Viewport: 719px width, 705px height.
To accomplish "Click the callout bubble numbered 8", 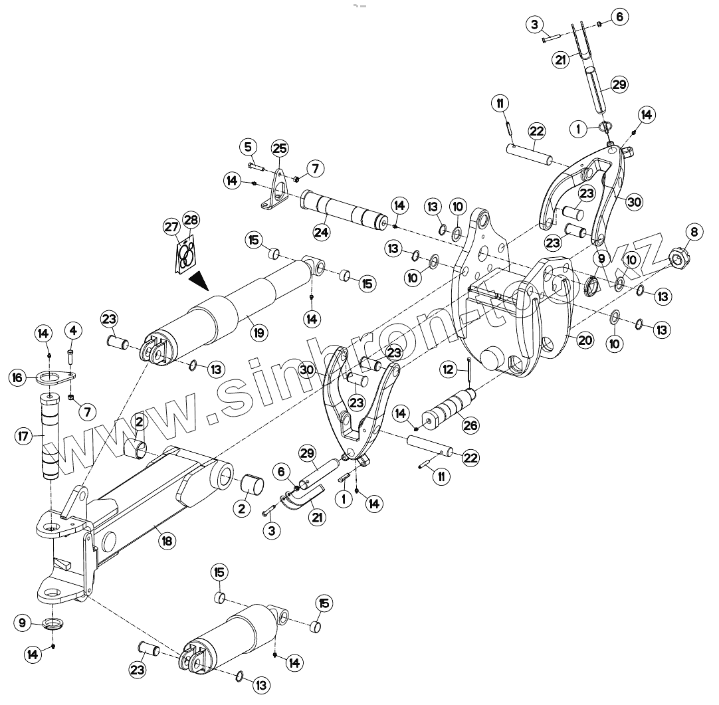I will point(694,232).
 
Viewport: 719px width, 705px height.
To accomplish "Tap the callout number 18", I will point(167,541).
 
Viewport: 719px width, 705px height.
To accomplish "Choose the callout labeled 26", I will point(470,425).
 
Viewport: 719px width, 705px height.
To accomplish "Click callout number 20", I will point(585,340).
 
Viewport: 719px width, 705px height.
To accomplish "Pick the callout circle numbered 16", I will point(19,377).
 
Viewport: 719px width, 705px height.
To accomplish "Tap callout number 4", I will point(73,329).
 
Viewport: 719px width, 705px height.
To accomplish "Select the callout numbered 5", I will point(248,146).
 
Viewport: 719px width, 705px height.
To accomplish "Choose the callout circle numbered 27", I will point(171,227).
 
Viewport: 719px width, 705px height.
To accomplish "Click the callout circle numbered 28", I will point(191,220).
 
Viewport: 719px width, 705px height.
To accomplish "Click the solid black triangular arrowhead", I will point(199,282).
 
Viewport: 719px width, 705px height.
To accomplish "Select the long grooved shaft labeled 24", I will point(346,210).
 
